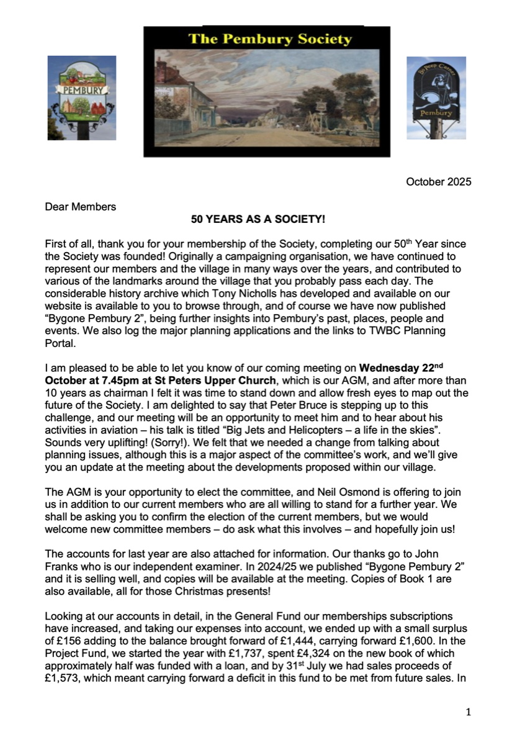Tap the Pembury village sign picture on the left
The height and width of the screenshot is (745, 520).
(x=82, y=97)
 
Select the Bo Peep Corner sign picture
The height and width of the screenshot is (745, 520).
(x=436, y=97)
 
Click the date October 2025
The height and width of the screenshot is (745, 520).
(x=439, y=182)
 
